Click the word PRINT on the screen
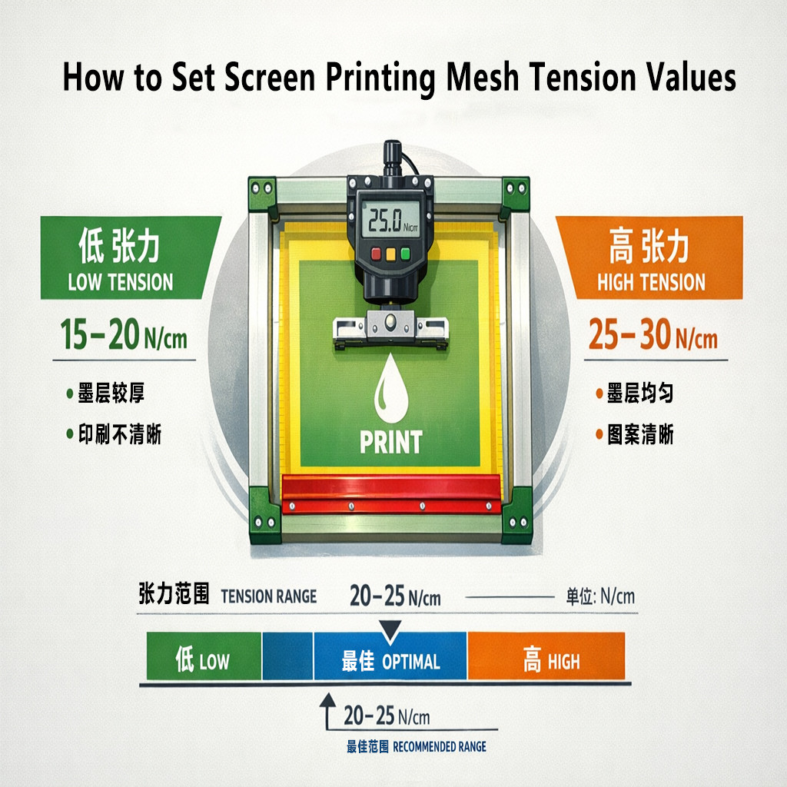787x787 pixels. (x=390, y=442)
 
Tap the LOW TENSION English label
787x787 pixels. (x=120, y=282)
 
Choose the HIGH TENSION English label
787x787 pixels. (x=651, y=282)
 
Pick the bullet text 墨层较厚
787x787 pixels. (x=111, y=394)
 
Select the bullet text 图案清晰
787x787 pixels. (x=640, y=435)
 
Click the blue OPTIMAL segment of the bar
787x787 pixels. (x=390, y=661)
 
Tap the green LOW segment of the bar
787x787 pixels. (x=203, y=660)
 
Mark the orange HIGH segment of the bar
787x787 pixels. (x=546, y=660)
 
